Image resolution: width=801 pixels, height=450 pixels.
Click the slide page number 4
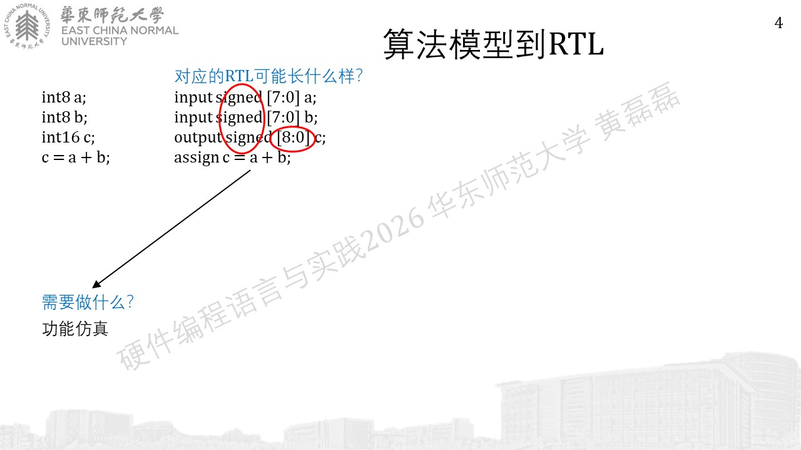click(x=778, y=23)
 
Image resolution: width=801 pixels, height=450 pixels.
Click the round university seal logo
click(x=27, y=26)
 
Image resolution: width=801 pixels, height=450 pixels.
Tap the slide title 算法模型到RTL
click(x=494, y=44)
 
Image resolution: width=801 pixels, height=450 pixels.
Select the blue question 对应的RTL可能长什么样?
click(x=268, y=76)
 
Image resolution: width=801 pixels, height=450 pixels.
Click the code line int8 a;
click(x=64, y=97)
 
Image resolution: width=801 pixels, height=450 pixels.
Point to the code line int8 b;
click(x=64, y=117)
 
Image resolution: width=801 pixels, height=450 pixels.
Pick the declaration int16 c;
click(x=68, y=137)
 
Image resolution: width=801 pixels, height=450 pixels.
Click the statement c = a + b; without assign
click(x=76, y=157)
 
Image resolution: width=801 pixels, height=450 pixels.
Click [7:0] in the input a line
click(x=283, y=97)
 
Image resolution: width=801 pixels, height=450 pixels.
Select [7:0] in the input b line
click(x=283, y=117)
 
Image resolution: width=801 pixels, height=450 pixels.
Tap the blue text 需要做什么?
click(x=88, y=302)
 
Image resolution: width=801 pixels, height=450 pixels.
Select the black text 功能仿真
click(x=75, y=329)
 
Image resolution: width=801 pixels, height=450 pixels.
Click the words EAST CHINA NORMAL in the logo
click(x=120, y=31)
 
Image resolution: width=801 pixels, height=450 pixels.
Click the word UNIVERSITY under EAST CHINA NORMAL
click(x=94, y=41)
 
